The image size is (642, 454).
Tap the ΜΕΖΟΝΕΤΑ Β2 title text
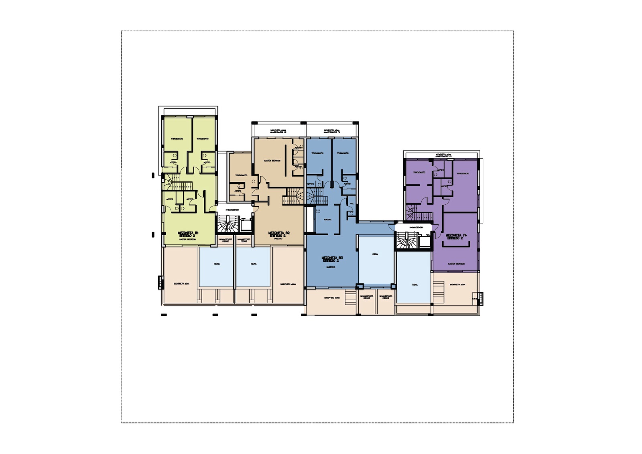click(x=279, y=233)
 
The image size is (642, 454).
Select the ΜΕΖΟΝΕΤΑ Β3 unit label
click(x=332, y=258)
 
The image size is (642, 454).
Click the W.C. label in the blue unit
click(x=351, y=204)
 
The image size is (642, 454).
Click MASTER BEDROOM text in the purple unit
click(x=456, y=264)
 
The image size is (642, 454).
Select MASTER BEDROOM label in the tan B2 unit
click(x=272, y=161)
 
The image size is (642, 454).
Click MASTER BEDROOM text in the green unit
click(x=187, y=239)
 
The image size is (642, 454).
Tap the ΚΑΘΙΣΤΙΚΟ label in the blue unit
click(x=331, y=267)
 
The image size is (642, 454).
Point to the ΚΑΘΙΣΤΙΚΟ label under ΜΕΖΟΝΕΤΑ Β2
click(x=278, y=238)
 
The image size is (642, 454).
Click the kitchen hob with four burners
click(x=318, y=211)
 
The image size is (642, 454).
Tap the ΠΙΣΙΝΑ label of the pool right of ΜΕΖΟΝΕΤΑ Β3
click(x=375, y=254)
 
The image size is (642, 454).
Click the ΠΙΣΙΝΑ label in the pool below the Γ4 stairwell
click(x=414, y=285)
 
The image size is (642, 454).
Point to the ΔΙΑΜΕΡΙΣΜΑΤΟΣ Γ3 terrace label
click(x=332, y=131)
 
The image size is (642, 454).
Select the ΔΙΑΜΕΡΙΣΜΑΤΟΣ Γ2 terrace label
click(x=278, y=131)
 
